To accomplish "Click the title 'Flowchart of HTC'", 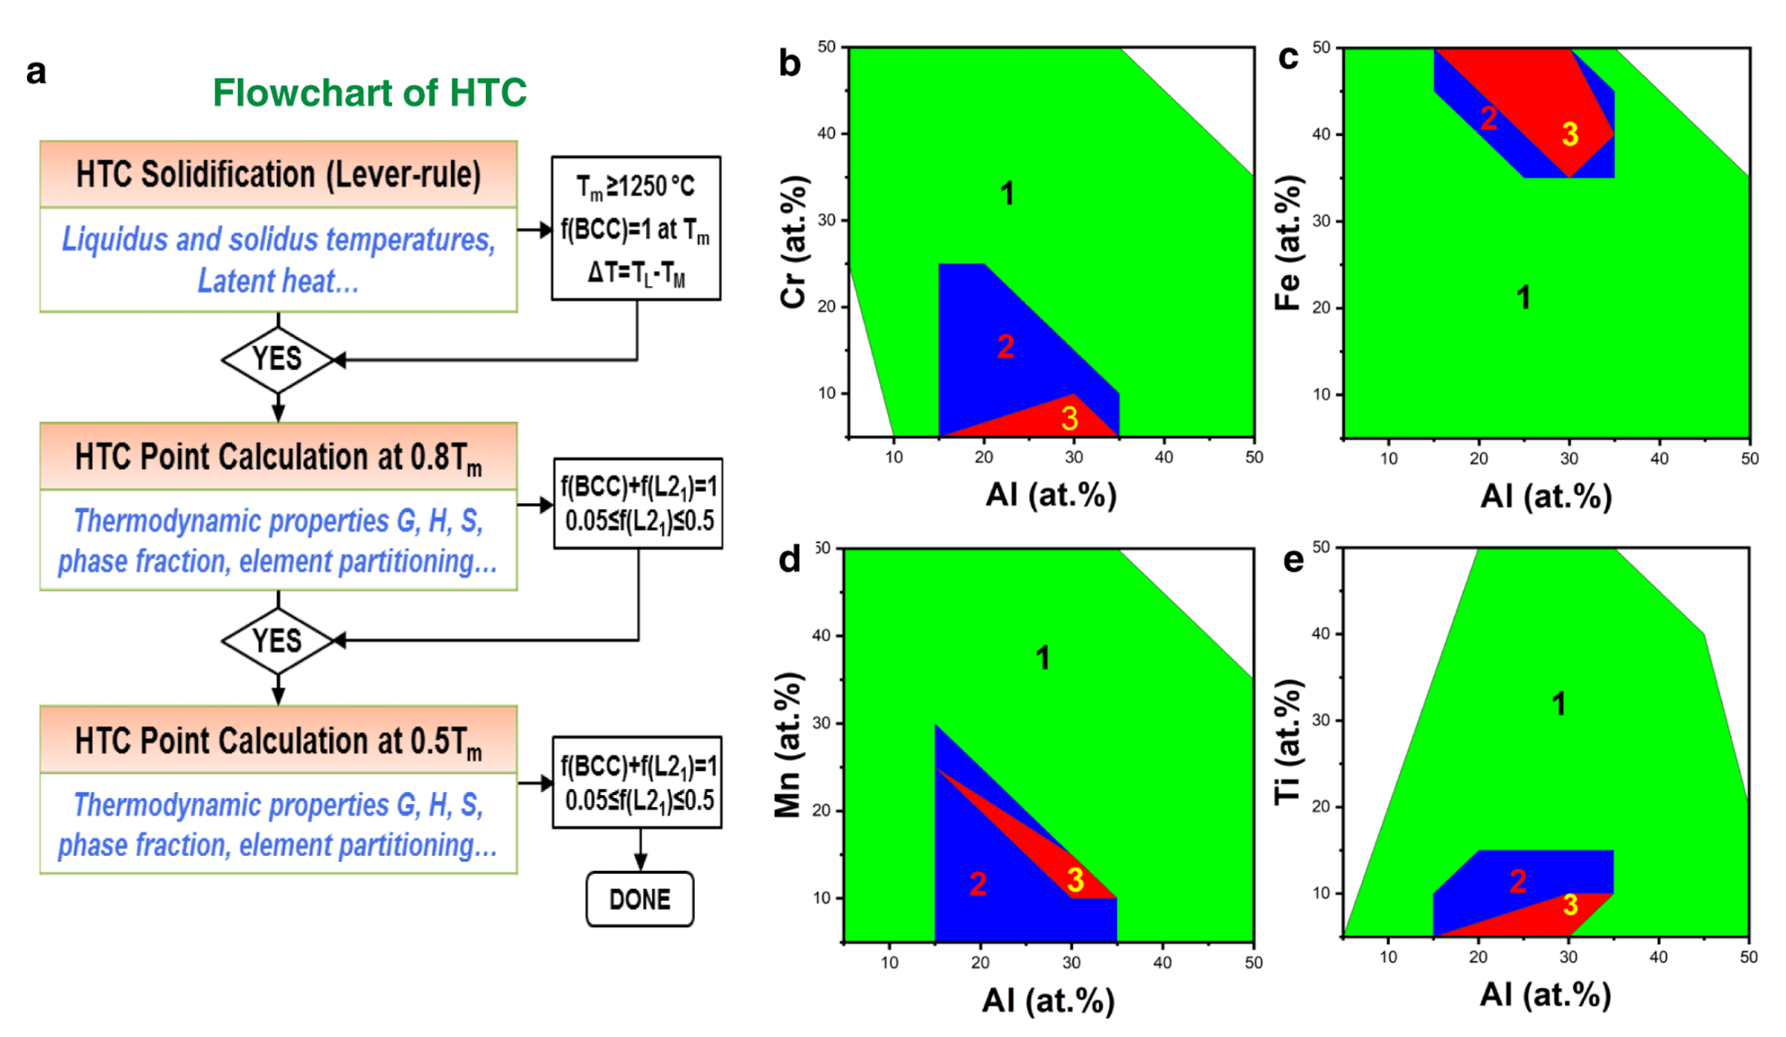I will (x=369, y=92).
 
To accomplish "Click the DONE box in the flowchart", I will (x=639, y=899).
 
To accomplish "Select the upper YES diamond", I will (x=278, y=360).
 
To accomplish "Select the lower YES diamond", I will (x=278, y=641).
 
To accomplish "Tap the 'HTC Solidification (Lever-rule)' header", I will (x=278, y=174).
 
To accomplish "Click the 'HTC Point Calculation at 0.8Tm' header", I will (x=278, y=456).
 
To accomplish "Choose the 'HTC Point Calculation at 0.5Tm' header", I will (x=278, y=741).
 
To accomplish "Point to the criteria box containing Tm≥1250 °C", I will (x=636, y=228).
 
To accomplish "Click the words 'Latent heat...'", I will (x=278, y=281).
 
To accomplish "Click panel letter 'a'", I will (x=36, y=72).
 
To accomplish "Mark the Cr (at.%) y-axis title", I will (x=794, y=242).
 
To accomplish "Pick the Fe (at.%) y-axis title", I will (x=1288, y=243).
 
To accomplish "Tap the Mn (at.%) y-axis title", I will (x=788, y=744).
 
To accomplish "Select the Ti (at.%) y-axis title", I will (x=1288, y=742).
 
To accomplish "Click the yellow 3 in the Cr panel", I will (x=1069, y=418).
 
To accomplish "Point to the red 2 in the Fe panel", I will (x=1488, y=118).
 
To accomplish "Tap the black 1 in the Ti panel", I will (x=1558, y=703).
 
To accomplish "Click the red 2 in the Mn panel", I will (x=978, y=884).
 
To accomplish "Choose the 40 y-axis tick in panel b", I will (x=826, y=134).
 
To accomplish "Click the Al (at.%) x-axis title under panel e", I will (x=1545, y=995).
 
